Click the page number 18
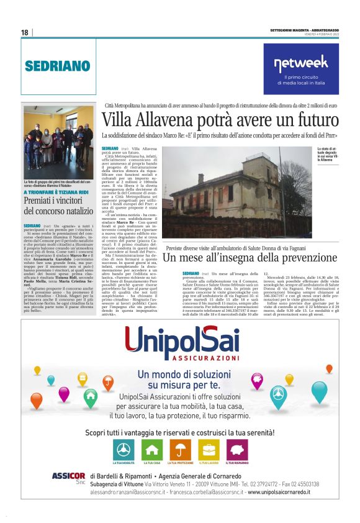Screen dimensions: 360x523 tap(24, 32)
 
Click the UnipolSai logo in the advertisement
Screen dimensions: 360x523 tap(179, 341)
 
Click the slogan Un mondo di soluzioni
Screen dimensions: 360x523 tap(179, 375)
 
